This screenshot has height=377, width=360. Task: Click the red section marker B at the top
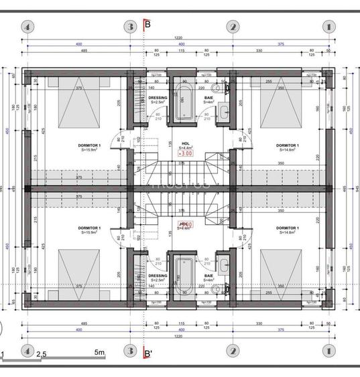[x=147, y=25]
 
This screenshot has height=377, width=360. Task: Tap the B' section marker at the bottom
[x=148, y=352]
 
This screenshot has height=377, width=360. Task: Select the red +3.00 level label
[x=185, y=153]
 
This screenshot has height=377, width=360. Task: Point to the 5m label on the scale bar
[x=100, y=352]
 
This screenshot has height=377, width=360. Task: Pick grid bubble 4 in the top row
[x=27, y=27]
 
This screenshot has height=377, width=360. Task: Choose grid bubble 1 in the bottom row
[x=328, y=350]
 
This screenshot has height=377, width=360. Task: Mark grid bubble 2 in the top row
[x=233, y=27]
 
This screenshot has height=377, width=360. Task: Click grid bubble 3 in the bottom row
[x=130, y=350]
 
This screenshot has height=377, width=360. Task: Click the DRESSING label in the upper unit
[x=158, y=98]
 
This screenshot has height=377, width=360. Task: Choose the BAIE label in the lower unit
[x=208, y=275]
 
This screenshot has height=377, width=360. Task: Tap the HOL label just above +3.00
[x=186, y=143]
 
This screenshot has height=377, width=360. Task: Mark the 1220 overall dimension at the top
[x=178, y=38]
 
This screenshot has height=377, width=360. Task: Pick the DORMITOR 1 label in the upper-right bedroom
[x=288, y=145]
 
